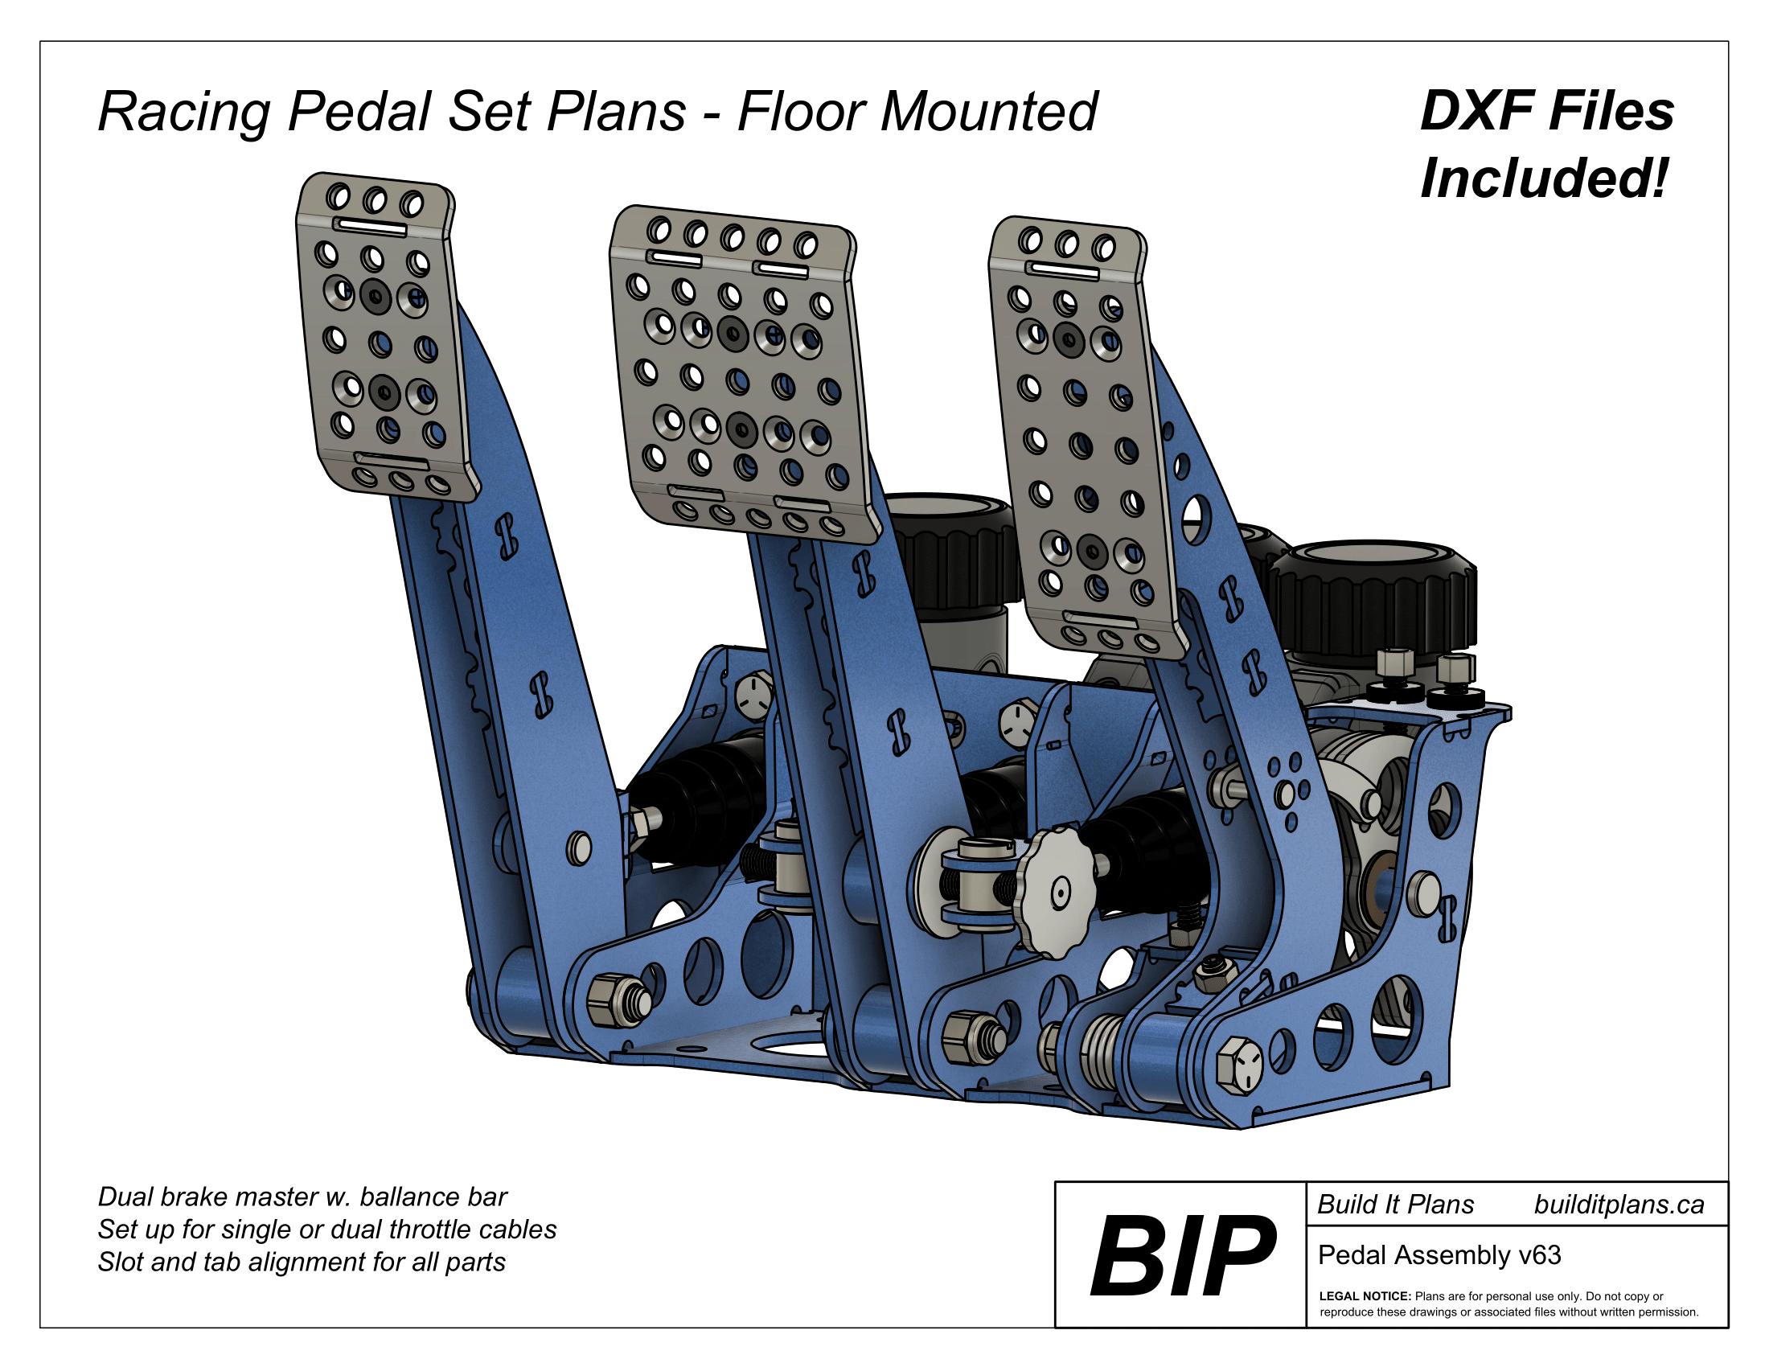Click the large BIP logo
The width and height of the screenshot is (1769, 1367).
pos(1182,1255)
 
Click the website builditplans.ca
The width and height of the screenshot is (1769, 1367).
pos(1619,1205)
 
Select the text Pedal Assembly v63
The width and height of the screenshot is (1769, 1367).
pos(1439,1255)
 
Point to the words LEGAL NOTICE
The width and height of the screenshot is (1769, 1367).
pos(1365,1296)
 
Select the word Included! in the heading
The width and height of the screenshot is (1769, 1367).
pos(1544,179)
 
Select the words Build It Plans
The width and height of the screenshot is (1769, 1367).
pos(1395,1205)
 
